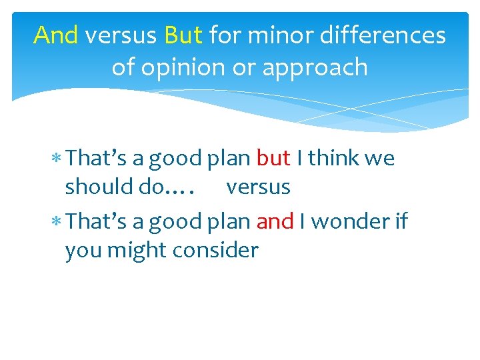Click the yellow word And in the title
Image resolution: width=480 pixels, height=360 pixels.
click(x=56, y=35)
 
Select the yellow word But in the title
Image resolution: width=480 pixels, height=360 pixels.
click(x=183, y=35)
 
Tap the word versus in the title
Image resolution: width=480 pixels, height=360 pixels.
click(x=121, y=35)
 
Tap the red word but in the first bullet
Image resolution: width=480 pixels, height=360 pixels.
click(x=273, y=158)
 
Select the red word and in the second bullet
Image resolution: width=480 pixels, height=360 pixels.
click(x=275, y=221)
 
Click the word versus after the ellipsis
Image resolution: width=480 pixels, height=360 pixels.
click(x=258, y=187)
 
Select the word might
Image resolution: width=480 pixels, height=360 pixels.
click(x=139, y=251)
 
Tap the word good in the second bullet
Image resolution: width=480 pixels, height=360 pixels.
click(x=175, y=221)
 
